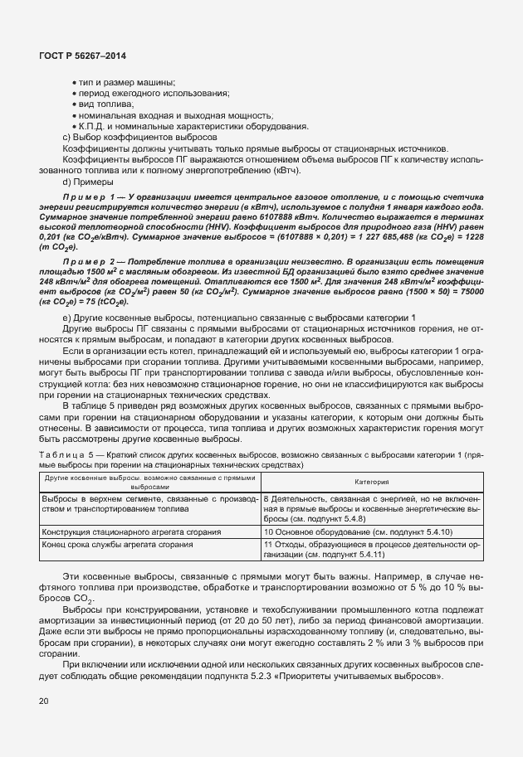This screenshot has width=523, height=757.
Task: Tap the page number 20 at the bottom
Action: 43,702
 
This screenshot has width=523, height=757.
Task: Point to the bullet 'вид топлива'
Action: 103,104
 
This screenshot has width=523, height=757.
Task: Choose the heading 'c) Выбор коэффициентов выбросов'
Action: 139,137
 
